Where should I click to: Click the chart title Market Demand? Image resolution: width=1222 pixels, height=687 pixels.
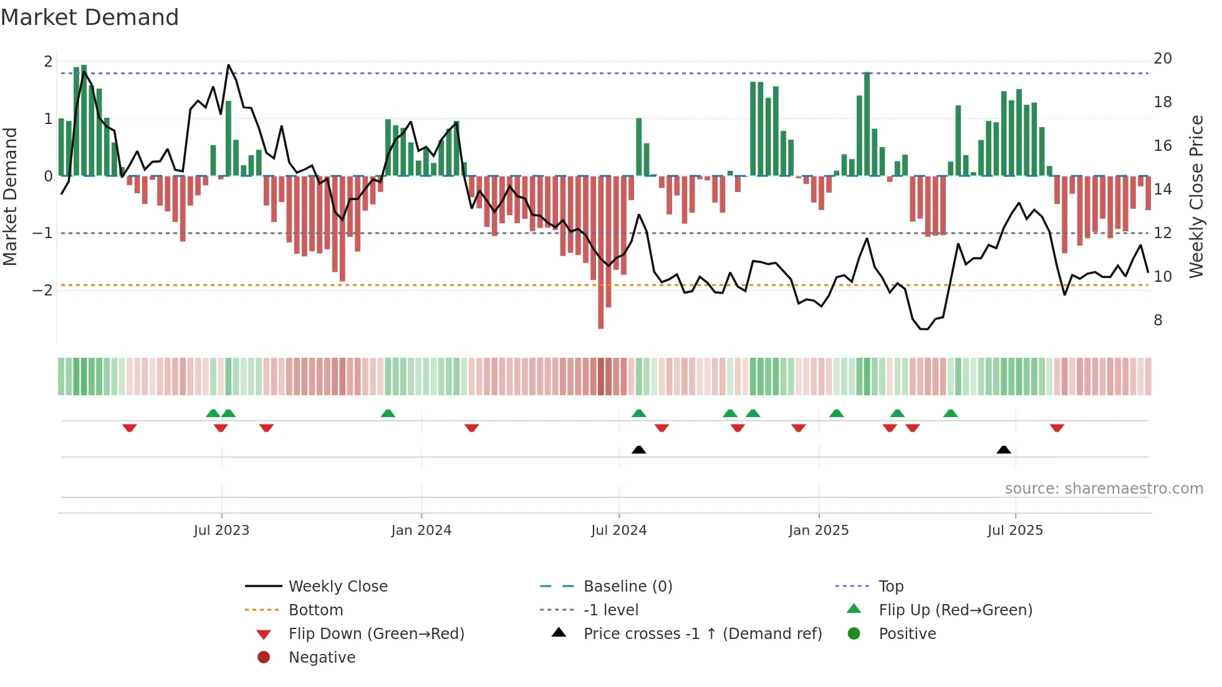pos(90,17)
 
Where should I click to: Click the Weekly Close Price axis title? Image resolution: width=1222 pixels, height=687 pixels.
pos(1196,196)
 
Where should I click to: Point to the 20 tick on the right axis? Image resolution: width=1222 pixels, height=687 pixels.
pos(1162,59)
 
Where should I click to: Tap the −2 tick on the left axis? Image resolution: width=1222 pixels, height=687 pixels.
pos(42,291)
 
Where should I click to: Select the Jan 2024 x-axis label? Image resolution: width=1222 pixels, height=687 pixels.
pos(421,531)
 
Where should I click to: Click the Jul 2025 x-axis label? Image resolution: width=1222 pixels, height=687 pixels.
pos(1014,531)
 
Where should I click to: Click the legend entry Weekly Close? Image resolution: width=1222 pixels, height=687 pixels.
pos(337,587)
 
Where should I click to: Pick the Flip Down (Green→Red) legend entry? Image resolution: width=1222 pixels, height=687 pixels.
pos(376,634)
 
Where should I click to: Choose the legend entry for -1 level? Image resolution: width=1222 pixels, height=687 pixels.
pos(610,610)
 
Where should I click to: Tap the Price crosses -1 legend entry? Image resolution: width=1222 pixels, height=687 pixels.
pos(702,634)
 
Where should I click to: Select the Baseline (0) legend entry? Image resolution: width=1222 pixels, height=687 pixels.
pos(627,587)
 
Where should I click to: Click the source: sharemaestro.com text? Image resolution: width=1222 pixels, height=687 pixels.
pos(1104,489)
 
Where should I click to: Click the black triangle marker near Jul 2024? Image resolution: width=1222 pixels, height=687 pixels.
pos(638,449)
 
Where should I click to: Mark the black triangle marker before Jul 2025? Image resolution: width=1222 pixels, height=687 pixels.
pos(1003,449)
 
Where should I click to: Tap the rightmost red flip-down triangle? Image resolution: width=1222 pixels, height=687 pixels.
pos(1057,428)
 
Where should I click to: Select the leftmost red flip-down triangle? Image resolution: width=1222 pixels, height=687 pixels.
pos(130,428)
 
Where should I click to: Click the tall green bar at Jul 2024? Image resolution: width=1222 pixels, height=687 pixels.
pos(638,147)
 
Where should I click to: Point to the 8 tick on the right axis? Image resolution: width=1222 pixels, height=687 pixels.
pos(1158,320)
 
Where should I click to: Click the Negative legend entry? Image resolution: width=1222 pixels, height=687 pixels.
pos(321,658)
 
